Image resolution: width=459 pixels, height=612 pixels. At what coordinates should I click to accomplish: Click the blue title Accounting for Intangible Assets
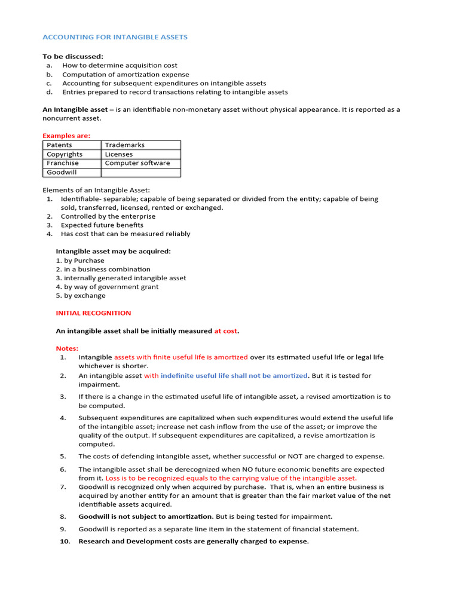click(x=115, y=37)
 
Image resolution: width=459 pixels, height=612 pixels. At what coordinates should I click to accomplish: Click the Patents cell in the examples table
click(x=59, y=145)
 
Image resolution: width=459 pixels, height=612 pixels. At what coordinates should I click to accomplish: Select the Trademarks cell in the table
click(x=124, y=145)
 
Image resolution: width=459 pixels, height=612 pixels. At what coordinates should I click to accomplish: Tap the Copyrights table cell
click(x=65, y=154)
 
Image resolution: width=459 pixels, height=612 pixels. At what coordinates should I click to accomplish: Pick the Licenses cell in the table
click(x=119, y=154)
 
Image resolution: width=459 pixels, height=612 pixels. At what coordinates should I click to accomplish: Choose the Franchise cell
click(x=63, y=163)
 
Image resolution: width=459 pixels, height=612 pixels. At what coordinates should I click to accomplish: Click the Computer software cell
click(x=137, y=163)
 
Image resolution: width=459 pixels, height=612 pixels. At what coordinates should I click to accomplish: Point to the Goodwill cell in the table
click(x=62, y=172)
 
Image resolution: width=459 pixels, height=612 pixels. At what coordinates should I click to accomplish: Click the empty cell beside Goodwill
click(x=140, y=172)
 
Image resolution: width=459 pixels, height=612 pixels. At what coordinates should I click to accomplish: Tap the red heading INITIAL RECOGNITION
click(x=93, y=313)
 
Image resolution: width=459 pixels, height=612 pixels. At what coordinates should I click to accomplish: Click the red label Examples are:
click(x=66, y=136)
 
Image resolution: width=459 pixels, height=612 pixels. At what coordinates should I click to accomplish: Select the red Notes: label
click(x=67, y=348)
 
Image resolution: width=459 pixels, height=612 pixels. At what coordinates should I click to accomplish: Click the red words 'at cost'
click(x=225, y=331)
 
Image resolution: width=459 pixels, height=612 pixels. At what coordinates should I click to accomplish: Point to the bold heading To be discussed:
click(x=73, y=57)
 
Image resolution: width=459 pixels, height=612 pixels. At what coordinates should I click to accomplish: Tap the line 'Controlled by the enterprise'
click(x=108, y=216)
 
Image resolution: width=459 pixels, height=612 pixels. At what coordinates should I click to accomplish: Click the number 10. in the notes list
click(x=65, y=541)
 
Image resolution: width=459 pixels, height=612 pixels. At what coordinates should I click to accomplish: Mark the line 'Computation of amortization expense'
click(x=126, y=75)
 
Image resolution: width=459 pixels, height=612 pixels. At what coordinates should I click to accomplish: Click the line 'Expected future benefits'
click(x=102, y=225)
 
